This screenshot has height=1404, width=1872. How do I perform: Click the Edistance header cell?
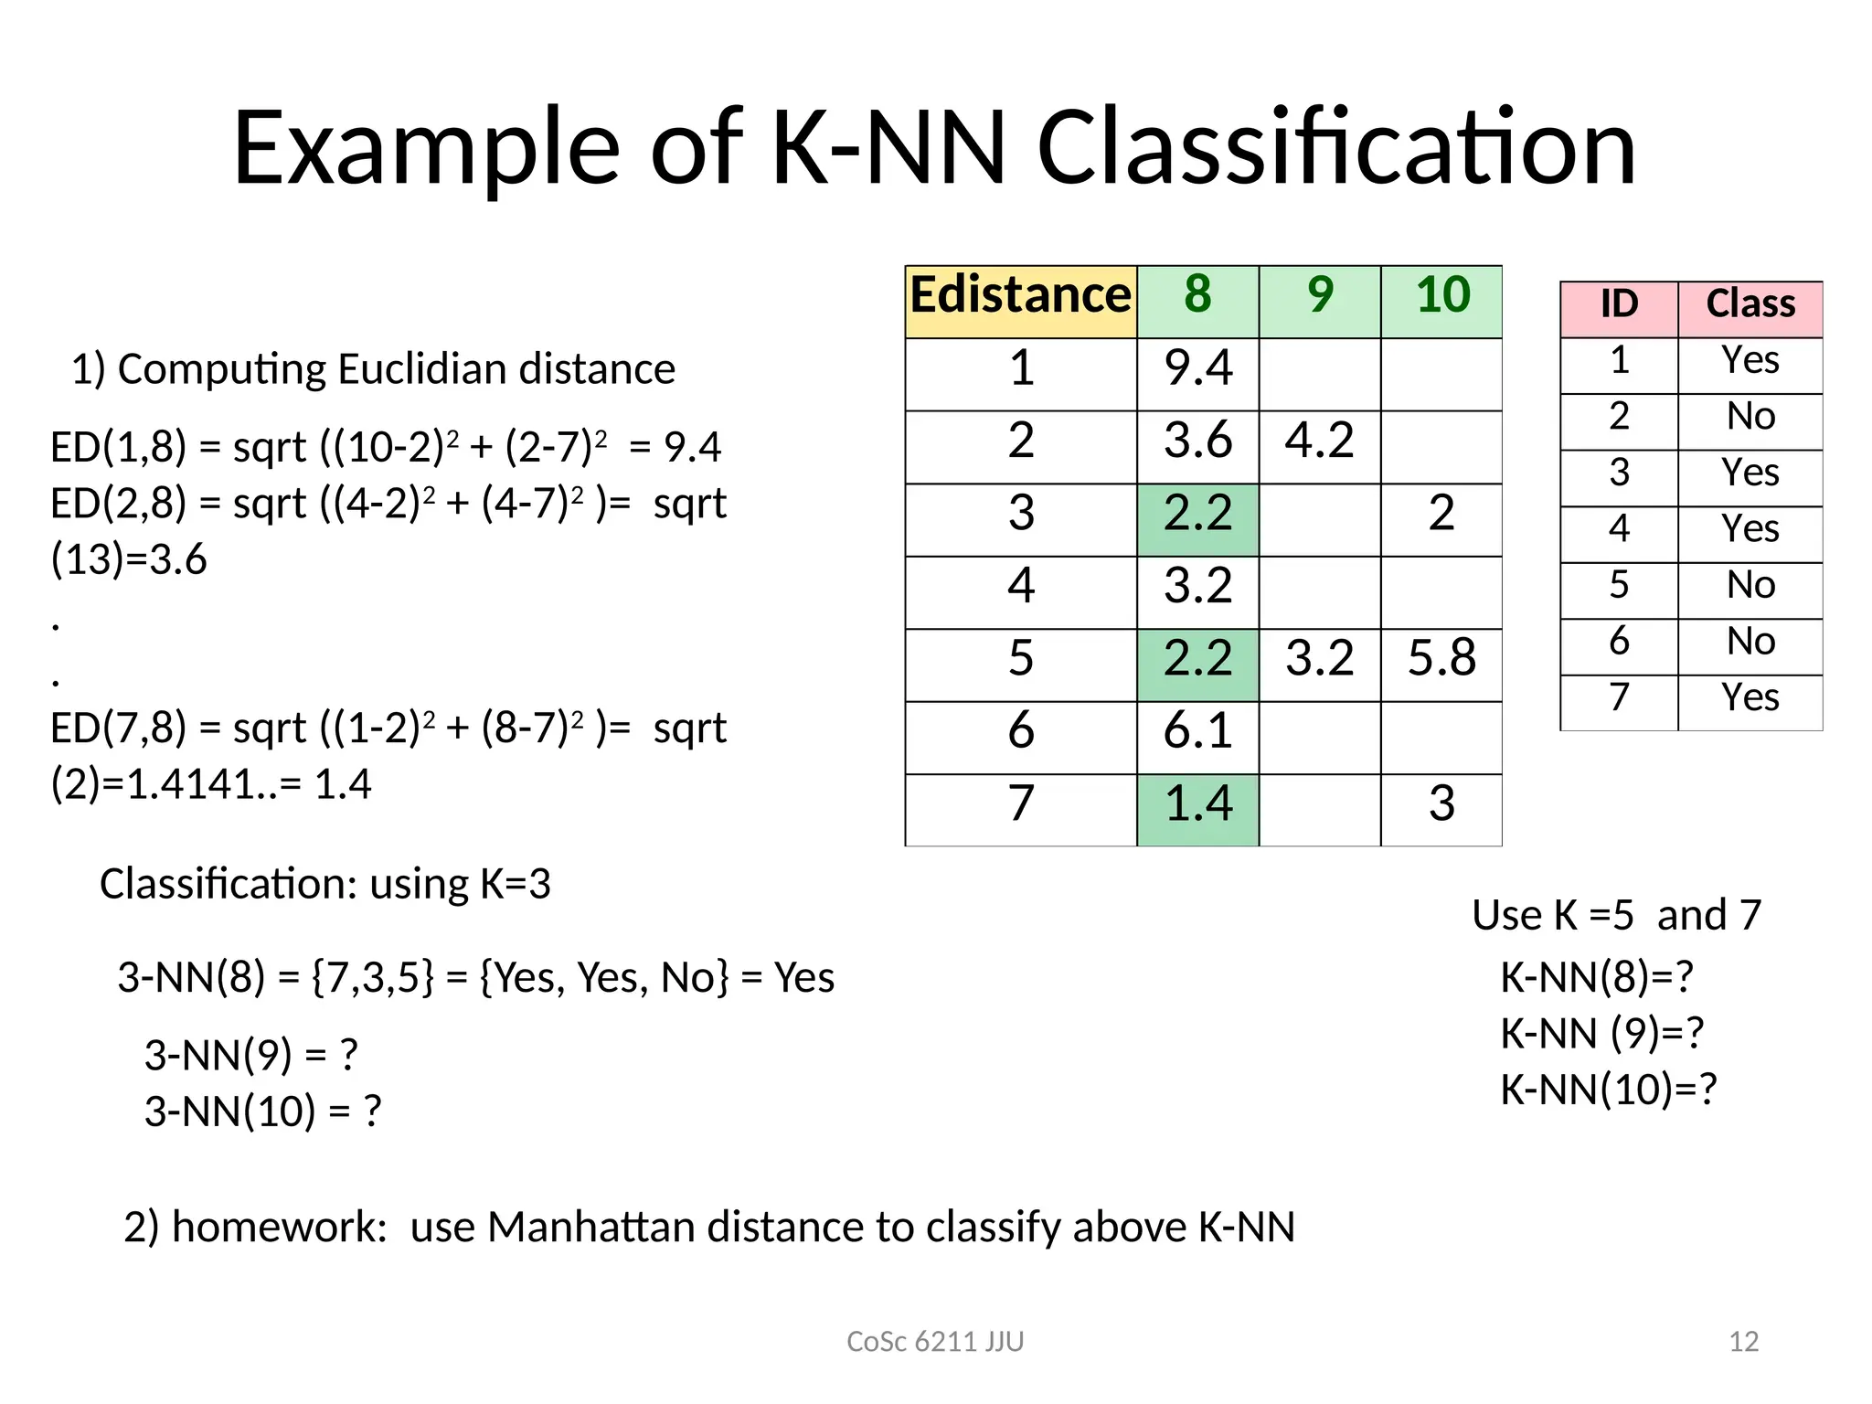point(1020,297)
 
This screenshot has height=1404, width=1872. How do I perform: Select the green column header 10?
point(1441,297)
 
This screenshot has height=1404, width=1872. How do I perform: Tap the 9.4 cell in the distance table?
point(1197,369)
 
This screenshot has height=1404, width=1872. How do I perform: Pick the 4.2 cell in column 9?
point(1319,441)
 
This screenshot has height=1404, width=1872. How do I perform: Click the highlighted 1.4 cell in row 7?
point(1197,804)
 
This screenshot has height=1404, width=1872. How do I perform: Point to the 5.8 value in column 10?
point(1441,659)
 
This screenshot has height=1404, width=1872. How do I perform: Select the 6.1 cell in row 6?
point(1197,732)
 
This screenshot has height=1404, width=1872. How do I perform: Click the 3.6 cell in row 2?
point(1197,441)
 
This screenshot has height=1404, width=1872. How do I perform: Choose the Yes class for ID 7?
point(1750,698)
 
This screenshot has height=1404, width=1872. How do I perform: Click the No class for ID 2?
point(1750,418)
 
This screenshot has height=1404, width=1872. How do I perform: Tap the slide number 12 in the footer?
point(1743,1342)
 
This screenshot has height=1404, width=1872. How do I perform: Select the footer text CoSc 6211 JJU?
point(935,1342)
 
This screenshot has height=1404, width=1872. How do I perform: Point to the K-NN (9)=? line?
point(1601,1034)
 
